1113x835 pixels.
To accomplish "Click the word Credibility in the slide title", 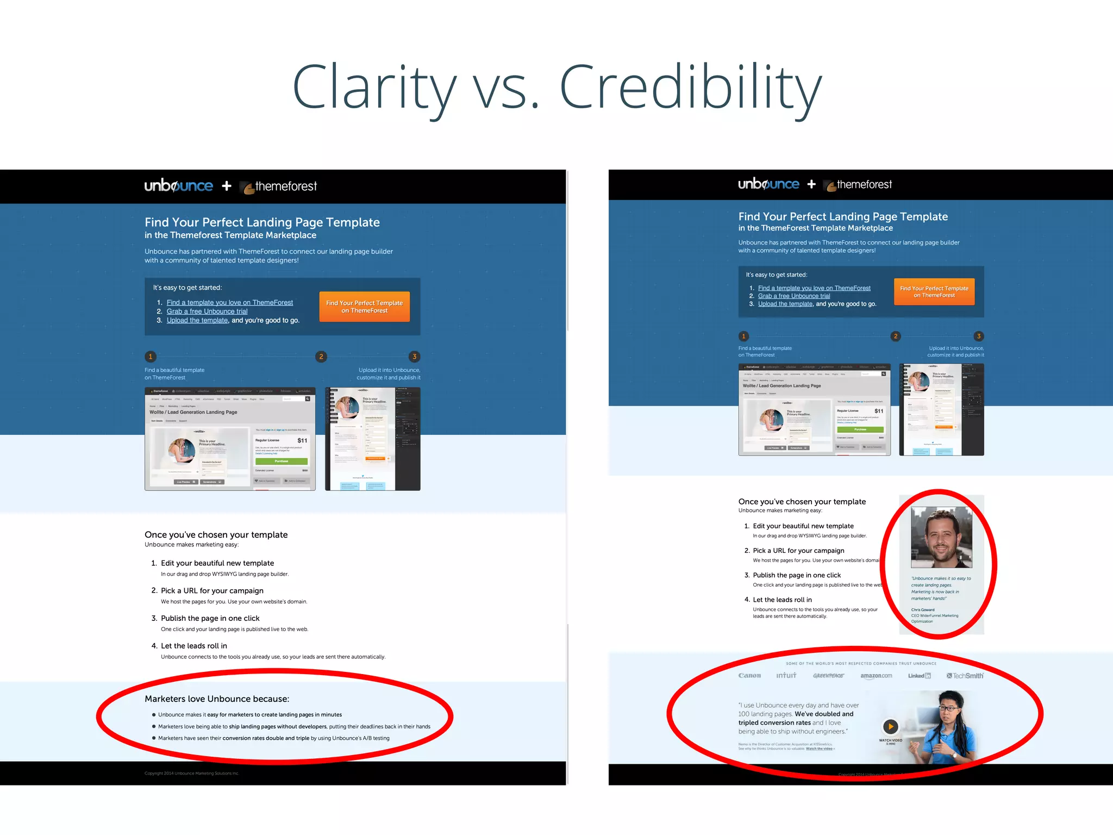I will point(690,87).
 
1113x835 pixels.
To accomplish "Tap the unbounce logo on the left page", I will point(179,186).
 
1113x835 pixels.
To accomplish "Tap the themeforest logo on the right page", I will point(859,185).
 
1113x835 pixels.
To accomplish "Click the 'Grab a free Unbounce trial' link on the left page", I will point(207,311).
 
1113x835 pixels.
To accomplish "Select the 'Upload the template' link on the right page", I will point(785,304).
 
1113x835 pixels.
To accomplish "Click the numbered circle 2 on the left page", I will point(321,357).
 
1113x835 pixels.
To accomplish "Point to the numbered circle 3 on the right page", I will point(979,336).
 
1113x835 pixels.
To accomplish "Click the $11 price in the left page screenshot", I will point(302,440).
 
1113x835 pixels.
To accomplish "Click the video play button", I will point(890,726).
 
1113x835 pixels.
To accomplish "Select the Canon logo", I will point(749,676).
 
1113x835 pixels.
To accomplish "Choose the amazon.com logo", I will point(876,676).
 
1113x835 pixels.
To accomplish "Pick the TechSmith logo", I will point(965,676).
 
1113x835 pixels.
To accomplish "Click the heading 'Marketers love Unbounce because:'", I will point(217,699).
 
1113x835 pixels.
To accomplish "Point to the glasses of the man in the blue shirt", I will point(948,707).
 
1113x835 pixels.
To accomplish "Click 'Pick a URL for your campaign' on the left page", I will point(212,590).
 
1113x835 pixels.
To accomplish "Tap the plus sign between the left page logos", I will point(227,186).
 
